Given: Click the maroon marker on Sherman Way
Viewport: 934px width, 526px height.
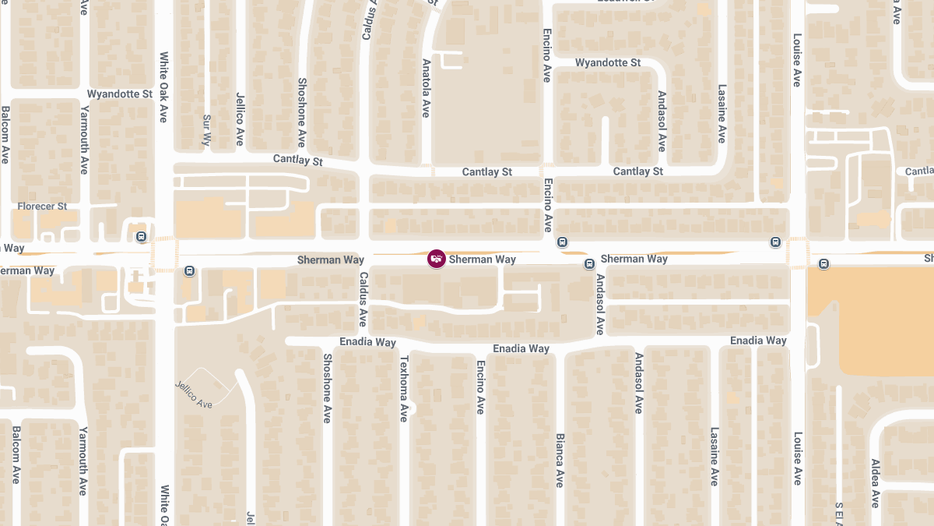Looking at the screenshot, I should (x=437, y=259).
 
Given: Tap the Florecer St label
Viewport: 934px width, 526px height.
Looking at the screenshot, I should (x=44, y=207).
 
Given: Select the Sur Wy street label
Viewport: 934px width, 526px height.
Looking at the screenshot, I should (x=206, y=130).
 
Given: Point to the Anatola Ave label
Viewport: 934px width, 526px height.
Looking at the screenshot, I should (x=426, y=87).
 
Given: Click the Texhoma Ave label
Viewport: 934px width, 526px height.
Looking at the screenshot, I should (x=404, y=388).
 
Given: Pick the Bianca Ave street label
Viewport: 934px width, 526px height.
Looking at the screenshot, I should (x=560, y=461).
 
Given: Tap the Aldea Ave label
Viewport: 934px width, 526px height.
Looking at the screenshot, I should (x=876, y=483).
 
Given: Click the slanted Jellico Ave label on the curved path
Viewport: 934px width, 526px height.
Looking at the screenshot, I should (x=193, y=394).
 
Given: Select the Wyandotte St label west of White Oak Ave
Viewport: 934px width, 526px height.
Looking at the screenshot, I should (x=119, y=94).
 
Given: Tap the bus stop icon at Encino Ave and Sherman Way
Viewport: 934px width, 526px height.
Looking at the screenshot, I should (x=562, y=242).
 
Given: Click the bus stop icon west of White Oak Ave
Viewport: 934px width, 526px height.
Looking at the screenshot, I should (x=141, y=236).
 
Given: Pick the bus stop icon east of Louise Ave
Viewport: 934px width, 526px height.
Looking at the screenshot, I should (x=824, y=264).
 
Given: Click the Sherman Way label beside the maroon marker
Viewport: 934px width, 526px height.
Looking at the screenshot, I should (x=483, y=259).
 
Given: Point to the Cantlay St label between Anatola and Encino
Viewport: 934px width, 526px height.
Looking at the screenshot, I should (x=487, y=171).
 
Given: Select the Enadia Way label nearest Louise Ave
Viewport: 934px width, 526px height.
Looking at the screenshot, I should (x=758, y=341).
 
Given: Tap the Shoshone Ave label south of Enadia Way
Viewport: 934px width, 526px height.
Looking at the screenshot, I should (x=328, y=388).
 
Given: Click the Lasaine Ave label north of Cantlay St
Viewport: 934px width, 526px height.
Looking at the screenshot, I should (x=722, y=114).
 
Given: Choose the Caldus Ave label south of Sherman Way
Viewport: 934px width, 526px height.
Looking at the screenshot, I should (x=363, y=299).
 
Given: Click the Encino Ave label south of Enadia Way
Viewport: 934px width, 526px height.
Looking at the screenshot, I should (x=480, y=387).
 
